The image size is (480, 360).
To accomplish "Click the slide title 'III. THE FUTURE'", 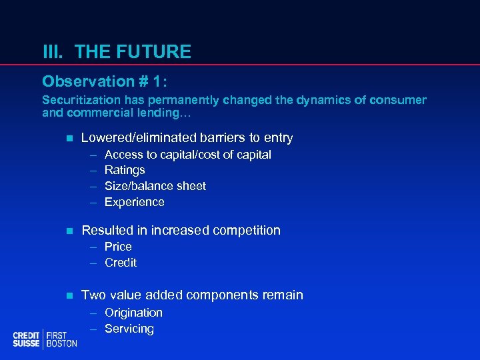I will pyautogui.click(x=117, y=51).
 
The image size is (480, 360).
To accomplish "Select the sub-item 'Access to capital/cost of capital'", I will pyautogui.click(x=187, y=155).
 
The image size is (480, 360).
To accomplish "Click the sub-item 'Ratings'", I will pyautogui.click(x=125, y=171).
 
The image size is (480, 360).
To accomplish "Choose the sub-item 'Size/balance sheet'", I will pyautogui.click(x=155, y=187).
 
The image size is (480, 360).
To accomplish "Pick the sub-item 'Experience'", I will pyautogui.click(x=134, y=202).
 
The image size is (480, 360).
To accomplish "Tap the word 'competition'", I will pyautogui.click(x=246, y=231).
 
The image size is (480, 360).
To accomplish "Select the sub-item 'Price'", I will pyautogui.click(x=118, y=247).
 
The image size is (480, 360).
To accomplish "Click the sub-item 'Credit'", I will pyautogui.click(x=121, y=263).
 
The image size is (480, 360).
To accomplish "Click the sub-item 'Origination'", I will pyautogui.click(x=133, y=313).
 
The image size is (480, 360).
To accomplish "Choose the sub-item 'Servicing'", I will pyautogui.click(x=129, y=329).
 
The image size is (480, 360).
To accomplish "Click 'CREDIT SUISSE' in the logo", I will pyautogui.click(x=27, y=339).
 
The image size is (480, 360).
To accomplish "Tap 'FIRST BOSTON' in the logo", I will pyautogui.click(x=61, y=339).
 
